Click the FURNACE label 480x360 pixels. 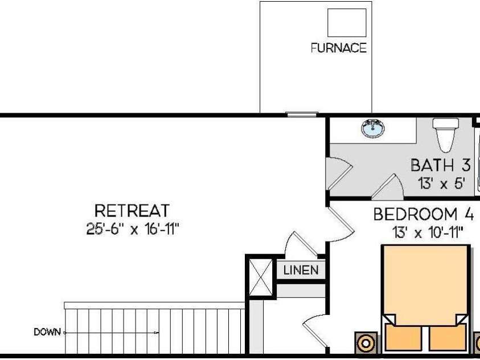tap(339, 48)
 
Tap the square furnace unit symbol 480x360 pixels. tap(347, 23)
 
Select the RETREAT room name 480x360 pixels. tap(132, 211)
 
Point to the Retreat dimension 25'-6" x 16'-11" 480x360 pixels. tap(132, 228)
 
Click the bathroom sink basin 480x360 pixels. tap(373, 128)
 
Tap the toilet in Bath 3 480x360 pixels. tap(445, 134)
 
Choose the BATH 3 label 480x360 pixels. tap(440, 165)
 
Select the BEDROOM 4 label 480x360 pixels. tap(424, 214)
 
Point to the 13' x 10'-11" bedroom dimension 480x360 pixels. tap(428, 232)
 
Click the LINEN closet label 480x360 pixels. tap(301, 270)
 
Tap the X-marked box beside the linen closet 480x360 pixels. tap(261, 277)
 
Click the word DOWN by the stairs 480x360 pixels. tap(47, 332)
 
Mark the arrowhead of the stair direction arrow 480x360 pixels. tap(157, 333)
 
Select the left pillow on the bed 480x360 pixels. tap(403, 338)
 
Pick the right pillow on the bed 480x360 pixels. tap(448, 338)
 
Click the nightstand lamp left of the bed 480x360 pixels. tap(366, 343)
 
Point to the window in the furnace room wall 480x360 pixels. tap(302, 114)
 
